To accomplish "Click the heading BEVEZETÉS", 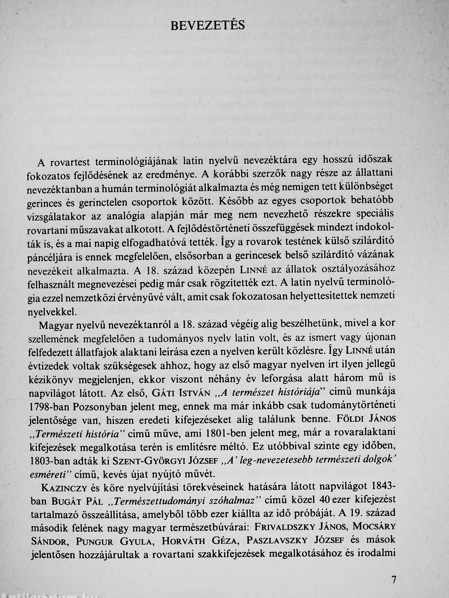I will [x=208, y=26].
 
